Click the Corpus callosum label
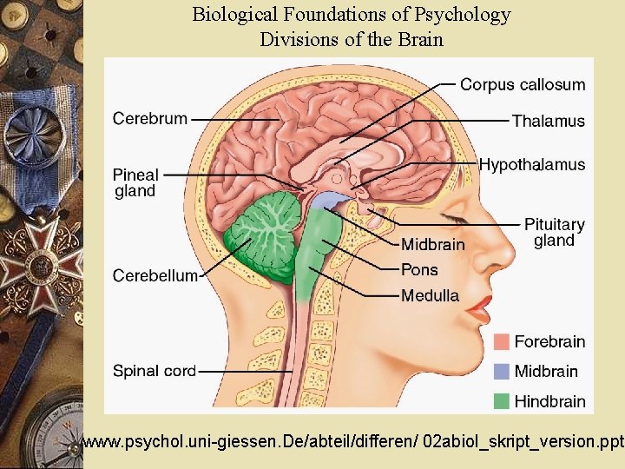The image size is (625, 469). pyautogui.click(x=522, y=84)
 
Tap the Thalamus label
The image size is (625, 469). pyautogui.click(x=548, y=121)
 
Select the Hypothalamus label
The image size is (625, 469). pyautogui.click(x=532, y=164)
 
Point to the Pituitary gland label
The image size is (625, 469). pyautogui.click(x=554, y=232)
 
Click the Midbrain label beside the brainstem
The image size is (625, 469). pyautogui.click(x=432, y=244)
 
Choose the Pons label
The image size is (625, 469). pyautogui.click(x=419, y=269)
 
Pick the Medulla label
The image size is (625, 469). pyautogui.click(x=430, y=295)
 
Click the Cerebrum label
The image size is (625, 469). pyautogui.click(x=149, y=118)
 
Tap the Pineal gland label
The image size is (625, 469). pyautogui.click(x=135, y=182)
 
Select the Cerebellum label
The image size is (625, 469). pyautogui.click(x=155, y=275)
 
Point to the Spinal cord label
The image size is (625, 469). pyautogui.click(x=155, y=371)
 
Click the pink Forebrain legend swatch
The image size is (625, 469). pyautogui.click(x=501, y=341)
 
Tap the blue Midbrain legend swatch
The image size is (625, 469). pyautogui.click(x=501, y=371)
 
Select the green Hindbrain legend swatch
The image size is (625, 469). pyautogui.click(x=501, y=400)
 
